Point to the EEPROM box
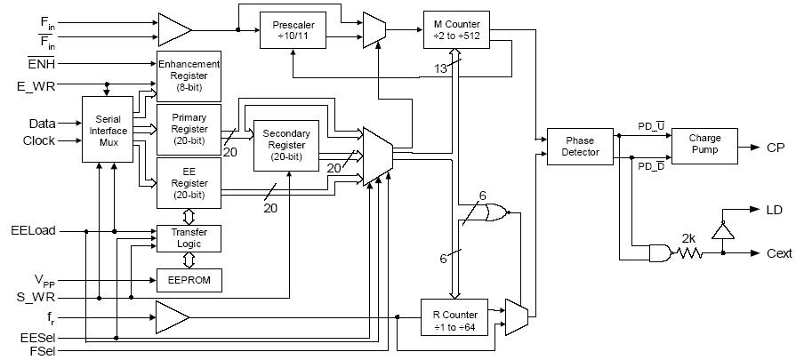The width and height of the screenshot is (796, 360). [189, 280]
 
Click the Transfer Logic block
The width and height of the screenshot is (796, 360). [189, 238]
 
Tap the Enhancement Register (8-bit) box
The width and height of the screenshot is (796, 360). [189, 74]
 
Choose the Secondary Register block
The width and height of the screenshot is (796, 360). [289, 145]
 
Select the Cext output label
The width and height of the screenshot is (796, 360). [777, 253]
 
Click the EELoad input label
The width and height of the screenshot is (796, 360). [33, 230]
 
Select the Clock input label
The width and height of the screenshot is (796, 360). [38, 140]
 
